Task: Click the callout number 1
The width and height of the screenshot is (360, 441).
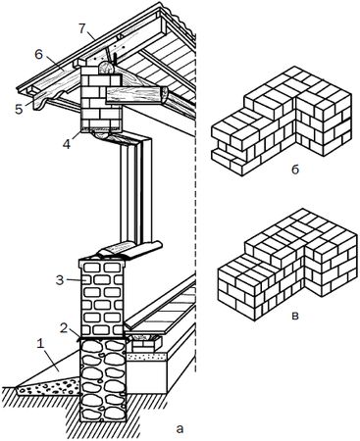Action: pos(40,344)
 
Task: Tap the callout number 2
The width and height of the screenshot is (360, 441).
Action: pos(64,328)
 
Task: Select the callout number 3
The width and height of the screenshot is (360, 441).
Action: pos(60,280)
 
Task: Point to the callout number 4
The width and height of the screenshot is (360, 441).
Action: pos(67,144)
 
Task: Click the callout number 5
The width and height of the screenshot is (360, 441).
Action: pos(19,109)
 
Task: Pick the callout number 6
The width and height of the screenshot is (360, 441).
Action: pos(38,55)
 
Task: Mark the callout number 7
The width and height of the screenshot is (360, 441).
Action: pos(82,28)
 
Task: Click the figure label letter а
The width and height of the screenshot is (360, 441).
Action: pos(180,428)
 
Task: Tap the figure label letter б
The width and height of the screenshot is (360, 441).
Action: pos(295,170)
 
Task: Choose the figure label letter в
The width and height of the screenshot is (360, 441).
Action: pos(295,317)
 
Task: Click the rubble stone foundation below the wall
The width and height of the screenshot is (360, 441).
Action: pos(103,380)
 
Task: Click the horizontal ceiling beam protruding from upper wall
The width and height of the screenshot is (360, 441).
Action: pos(137,95)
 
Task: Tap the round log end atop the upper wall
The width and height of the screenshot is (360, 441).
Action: pos(105,69)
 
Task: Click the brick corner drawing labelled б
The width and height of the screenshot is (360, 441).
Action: pos(282,121)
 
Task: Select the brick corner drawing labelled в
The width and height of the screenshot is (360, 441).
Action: pos(286,264)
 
